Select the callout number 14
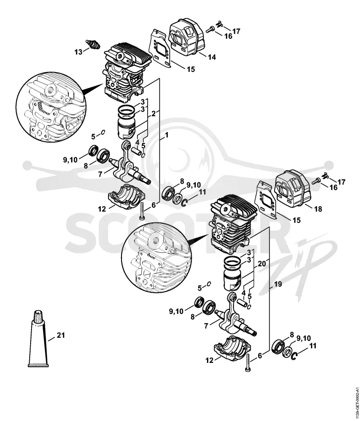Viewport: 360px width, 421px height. (x=211, y=57)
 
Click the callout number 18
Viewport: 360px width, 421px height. (x=318, y=209)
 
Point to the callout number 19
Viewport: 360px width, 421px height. (x=278, y=284)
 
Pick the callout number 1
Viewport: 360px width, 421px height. (x=166, y=135)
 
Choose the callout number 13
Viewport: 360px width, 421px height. (x=78, y=52)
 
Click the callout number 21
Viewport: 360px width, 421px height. (x=61, y=335)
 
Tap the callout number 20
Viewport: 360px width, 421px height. (x=262, y=264)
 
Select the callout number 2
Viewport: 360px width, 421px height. (x=153, y=113)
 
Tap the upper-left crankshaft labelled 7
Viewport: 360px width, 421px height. (x=128, y=164)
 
